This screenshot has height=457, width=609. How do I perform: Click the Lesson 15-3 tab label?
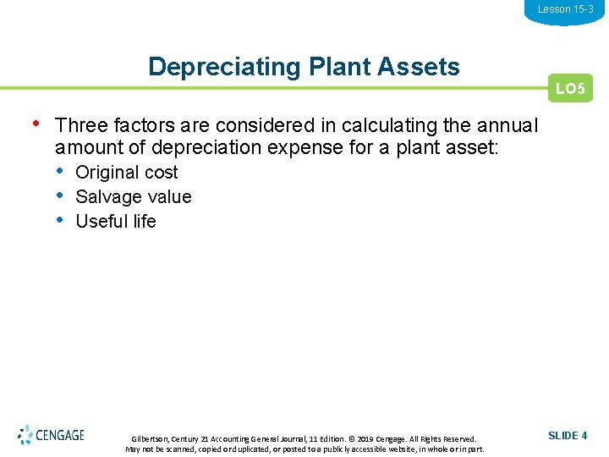[x=565, y=9]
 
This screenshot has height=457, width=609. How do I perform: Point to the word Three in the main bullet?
[x=80, y=126]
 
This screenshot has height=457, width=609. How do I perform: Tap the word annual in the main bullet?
[x=507, y=126]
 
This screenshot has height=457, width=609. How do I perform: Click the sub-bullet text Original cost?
[x=127, y=173]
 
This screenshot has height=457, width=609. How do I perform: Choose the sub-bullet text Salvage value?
[x=134, y=197]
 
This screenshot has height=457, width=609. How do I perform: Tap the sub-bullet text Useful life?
[x=116, y=222]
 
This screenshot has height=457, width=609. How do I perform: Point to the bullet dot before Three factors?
[x=35, y=124]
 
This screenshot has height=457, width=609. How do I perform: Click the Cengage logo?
[x=51, y=435]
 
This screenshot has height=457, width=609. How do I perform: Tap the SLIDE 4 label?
[x=568, y=436]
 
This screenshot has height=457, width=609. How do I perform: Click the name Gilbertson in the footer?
[x=151, y=438]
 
